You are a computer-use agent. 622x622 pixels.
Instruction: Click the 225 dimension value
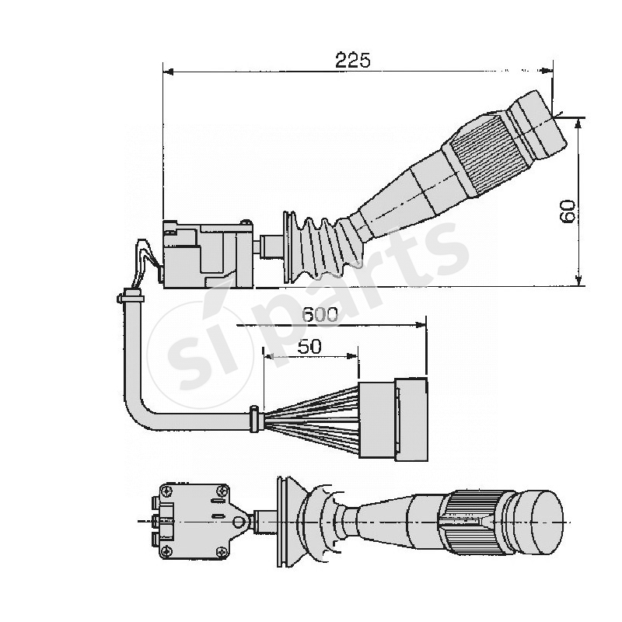click(x=353, y=60)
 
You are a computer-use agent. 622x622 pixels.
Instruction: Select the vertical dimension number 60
click(x=568, y=211)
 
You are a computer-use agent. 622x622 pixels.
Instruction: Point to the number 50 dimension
click(x=309, y=347)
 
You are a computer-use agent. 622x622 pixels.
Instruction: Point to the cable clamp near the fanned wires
click(x=253, y=418)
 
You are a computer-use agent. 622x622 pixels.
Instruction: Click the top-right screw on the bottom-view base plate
click(x=223, y=491)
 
